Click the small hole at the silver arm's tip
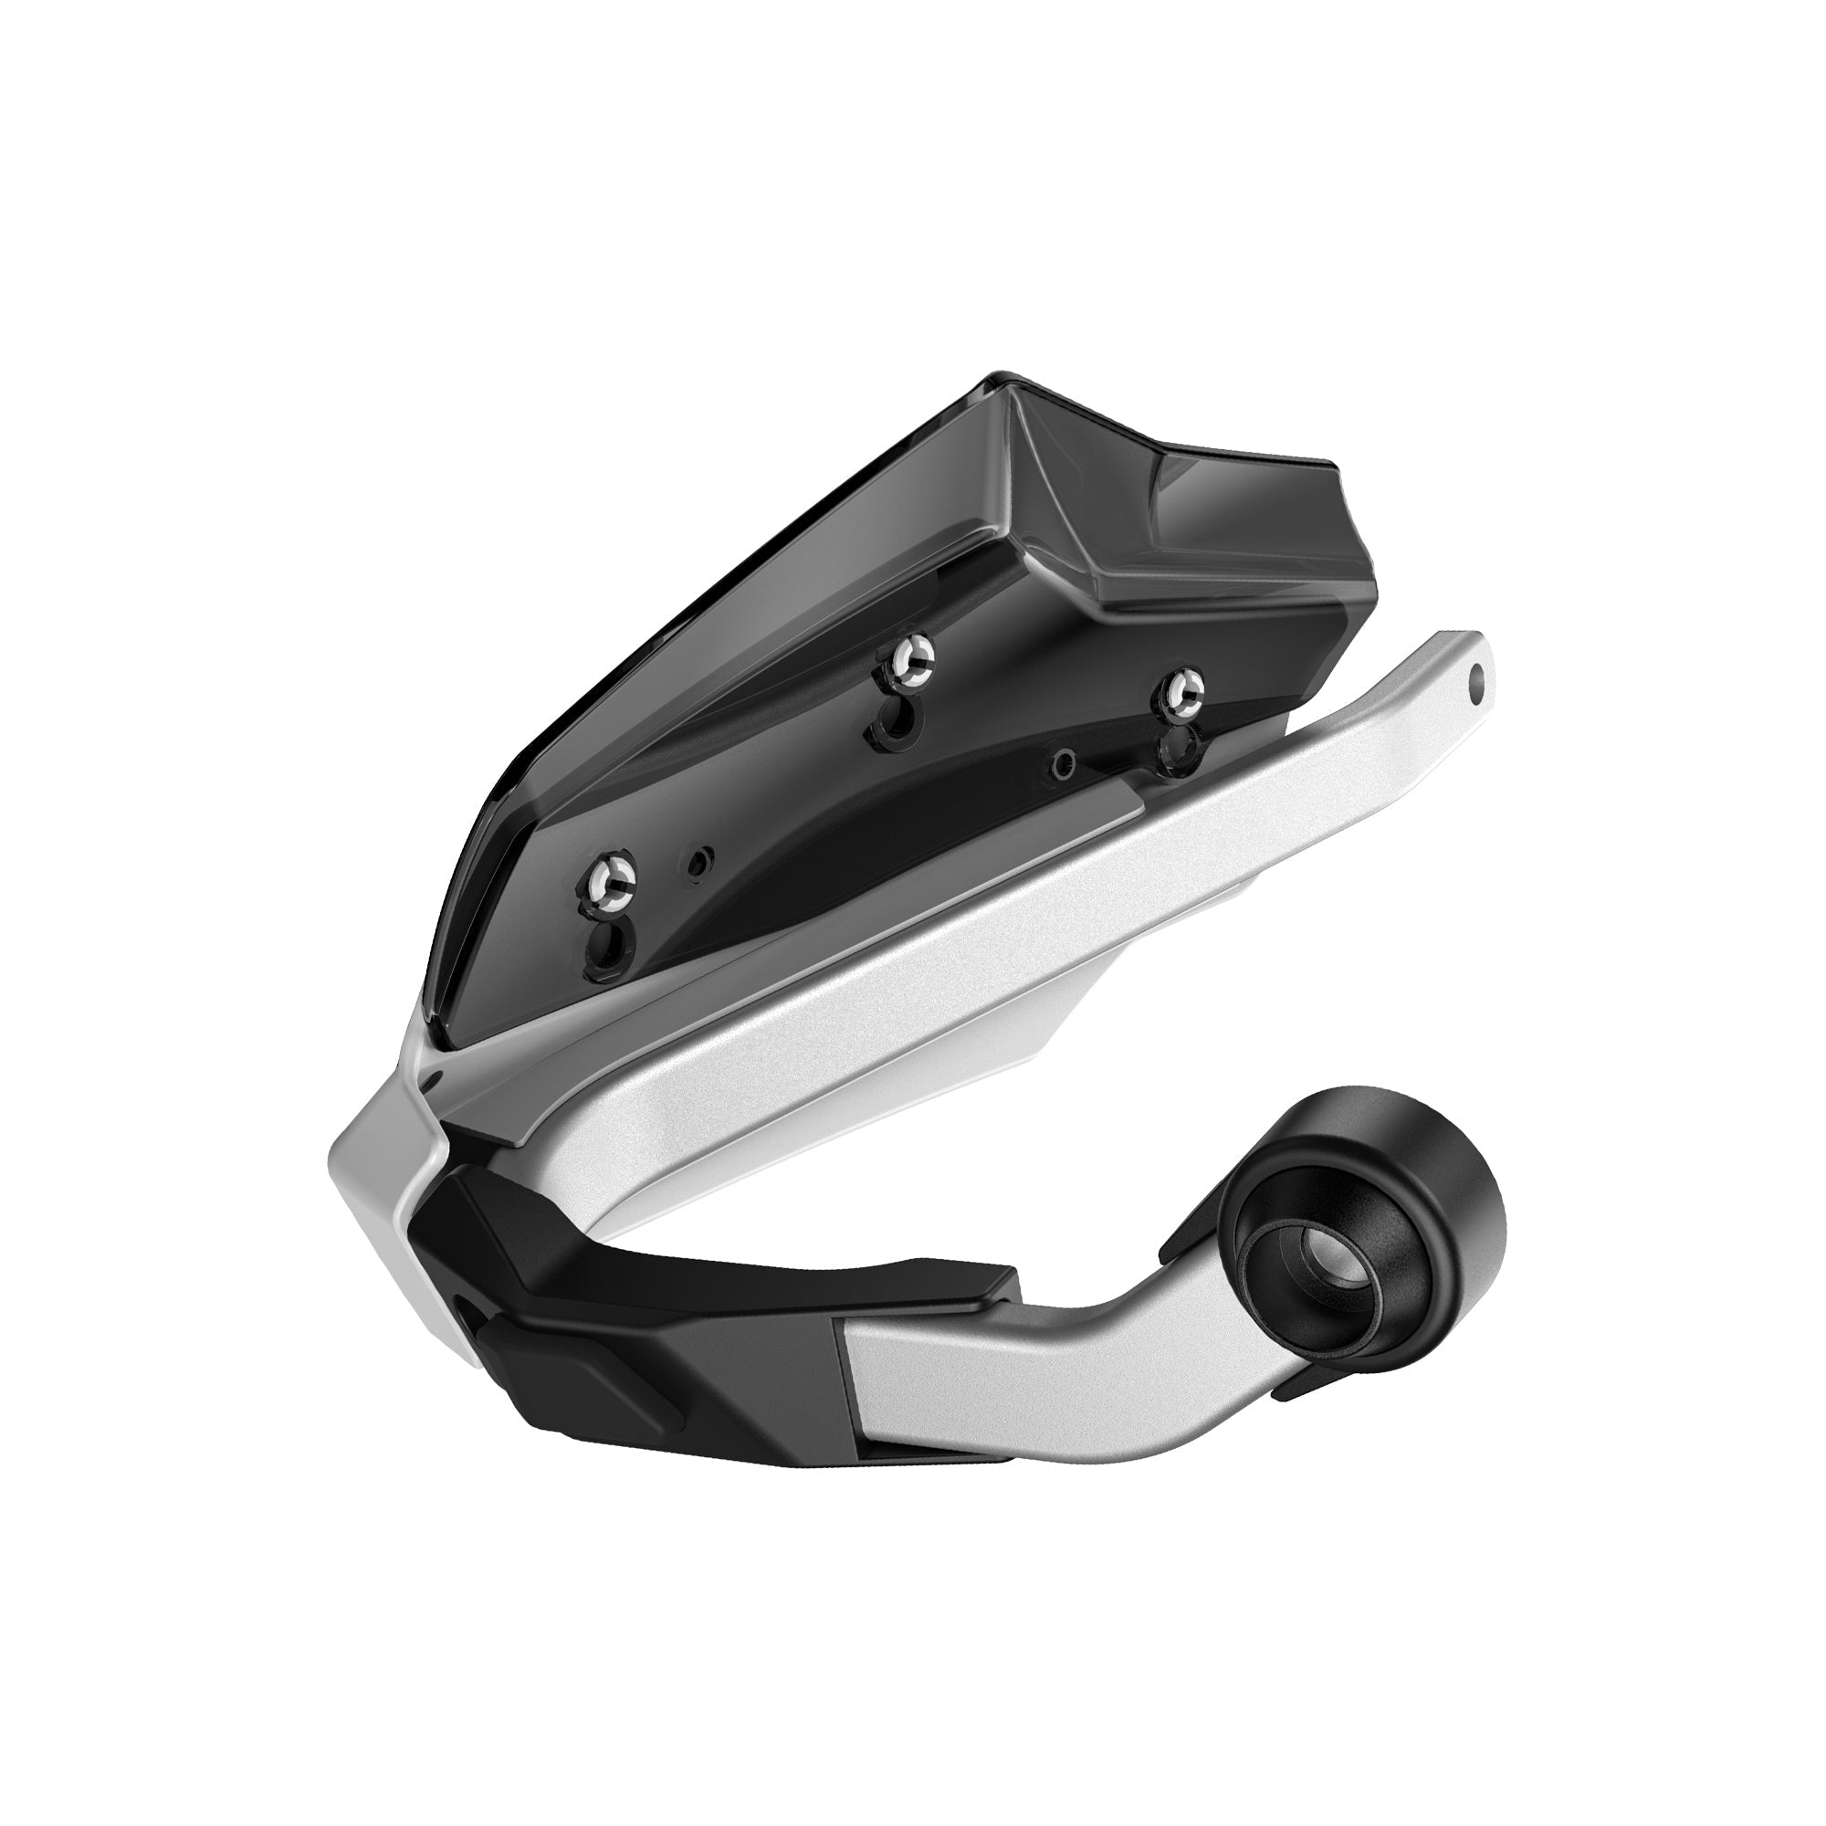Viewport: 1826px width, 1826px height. (x=1478, y=677)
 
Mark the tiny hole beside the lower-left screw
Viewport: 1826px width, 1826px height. (x=699, y=861)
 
